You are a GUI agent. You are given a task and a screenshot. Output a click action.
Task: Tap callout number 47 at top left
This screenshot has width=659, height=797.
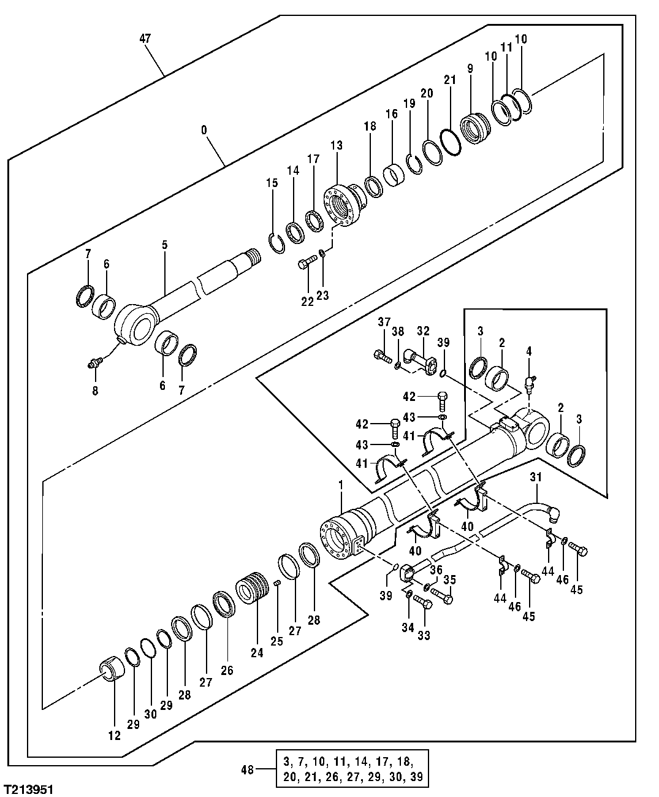tap(145, 39)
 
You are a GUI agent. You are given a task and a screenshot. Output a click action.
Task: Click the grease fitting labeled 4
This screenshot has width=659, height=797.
tap(530, 385)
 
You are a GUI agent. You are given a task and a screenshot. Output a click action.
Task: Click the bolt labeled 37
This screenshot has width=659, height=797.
tap(383, 355)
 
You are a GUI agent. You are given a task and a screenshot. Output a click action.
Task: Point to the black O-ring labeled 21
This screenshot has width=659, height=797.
tap(452, 142)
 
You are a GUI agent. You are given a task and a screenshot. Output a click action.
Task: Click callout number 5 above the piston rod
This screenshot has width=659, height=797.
tap(164, 245)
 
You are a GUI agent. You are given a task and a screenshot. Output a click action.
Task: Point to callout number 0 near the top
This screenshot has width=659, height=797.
tap(204, 130)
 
